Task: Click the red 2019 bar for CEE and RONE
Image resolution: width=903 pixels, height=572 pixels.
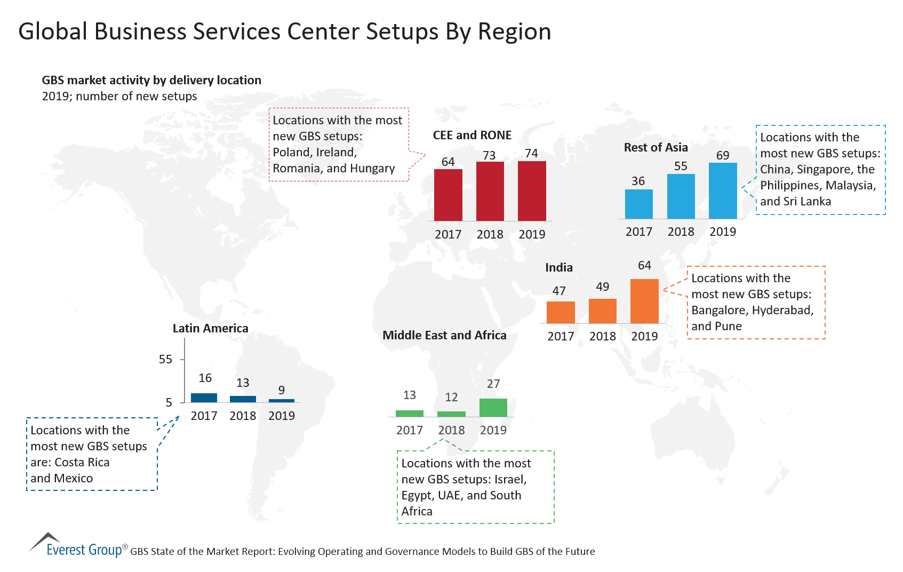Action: tap(532, 191)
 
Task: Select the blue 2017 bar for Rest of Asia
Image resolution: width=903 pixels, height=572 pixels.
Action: tap(638, 204)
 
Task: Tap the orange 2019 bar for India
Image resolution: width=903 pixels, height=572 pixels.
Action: tap(644, 301)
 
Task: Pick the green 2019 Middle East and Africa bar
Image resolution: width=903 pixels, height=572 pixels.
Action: tap(493, 408)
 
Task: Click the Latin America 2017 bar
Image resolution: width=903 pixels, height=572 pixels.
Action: tap(204, 398)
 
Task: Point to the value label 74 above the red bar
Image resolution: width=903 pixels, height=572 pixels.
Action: tap(531, 154)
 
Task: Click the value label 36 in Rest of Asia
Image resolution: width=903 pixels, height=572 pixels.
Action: tap(638, 181)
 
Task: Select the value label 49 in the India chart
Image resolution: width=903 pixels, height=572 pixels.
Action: tap(602, 287)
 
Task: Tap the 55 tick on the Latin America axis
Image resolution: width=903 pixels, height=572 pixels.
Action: tap(165, 360)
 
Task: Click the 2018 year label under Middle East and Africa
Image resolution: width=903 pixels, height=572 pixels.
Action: tap(451, 430)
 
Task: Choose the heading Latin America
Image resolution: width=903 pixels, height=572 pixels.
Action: tap(210, 329)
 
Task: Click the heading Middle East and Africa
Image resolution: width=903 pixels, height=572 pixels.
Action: tap(444, 336)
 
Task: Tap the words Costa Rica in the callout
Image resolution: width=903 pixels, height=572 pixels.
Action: tap(82, 463)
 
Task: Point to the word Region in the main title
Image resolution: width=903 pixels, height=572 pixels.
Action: tap(514, 32)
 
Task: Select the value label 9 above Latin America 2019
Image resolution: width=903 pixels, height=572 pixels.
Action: tap(281, 391)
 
